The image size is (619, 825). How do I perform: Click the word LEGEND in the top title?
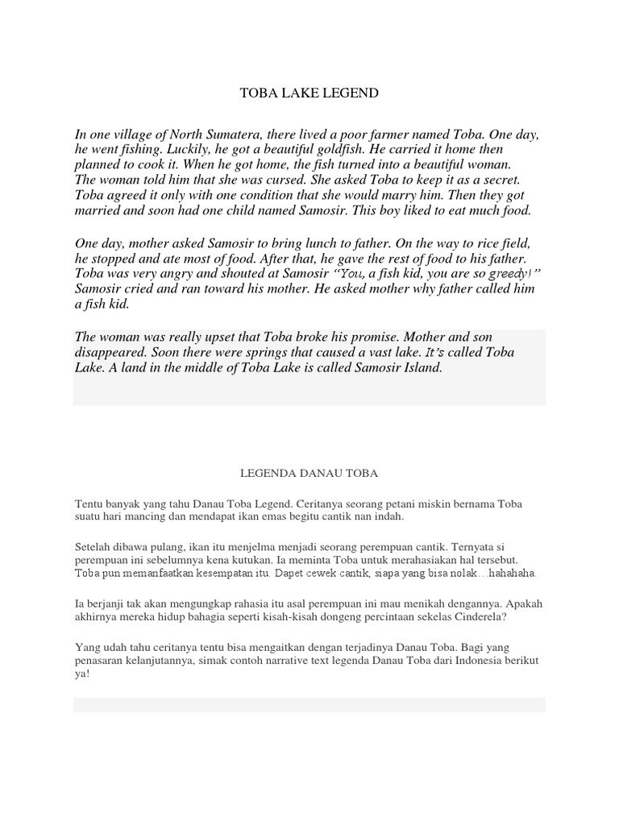[x=349, y=93]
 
